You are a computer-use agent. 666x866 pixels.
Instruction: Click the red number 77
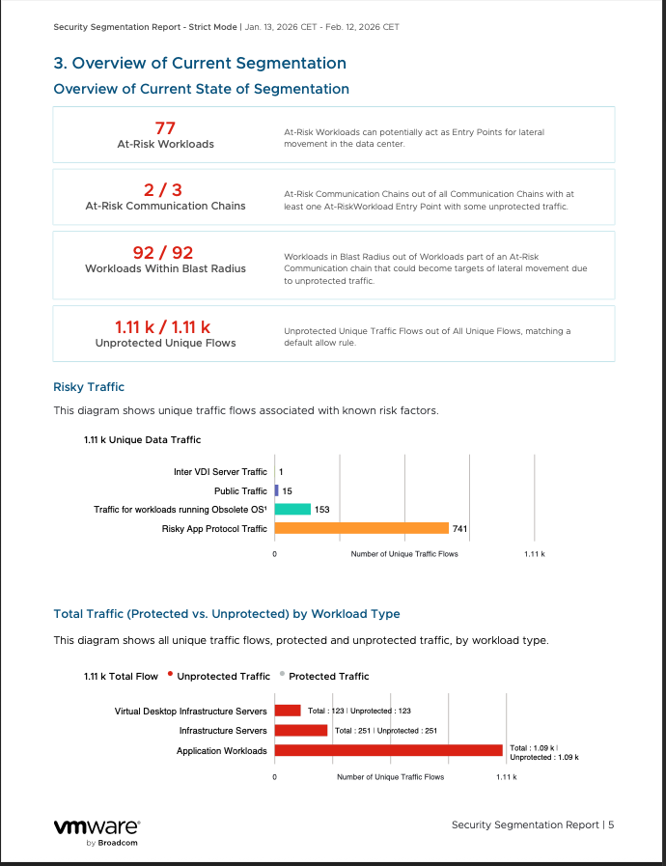164,127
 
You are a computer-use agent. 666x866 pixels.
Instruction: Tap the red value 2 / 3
164,189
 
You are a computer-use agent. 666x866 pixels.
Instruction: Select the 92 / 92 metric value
164,253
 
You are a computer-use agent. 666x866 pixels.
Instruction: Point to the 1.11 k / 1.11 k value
165,326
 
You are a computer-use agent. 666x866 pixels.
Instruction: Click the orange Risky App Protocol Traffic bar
362,528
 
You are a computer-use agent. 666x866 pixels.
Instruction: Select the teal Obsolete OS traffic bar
292,509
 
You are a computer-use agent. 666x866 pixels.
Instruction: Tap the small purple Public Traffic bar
277,490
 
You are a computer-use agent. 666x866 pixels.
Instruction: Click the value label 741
460,528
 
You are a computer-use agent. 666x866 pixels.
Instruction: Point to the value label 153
322,509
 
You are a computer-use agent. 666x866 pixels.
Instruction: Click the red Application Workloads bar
388,750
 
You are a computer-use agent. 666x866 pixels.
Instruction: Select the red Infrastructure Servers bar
301,730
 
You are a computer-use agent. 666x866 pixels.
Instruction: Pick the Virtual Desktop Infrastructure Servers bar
288,711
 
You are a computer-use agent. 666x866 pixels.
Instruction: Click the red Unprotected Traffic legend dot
170,674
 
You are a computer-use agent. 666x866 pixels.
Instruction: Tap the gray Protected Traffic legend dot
281,674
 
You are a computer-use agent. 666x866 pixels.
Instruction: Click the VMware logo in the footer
97,828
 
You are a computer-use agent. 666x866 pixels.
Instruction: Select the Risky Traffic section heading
89,387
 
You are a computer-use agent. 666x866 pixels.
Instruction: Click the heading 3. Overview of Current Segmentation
200,64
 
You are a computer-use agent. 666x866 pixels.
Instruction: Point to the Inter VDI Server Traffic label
220,472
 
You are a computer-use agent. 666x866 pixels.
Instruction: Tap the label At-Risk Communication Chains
165,206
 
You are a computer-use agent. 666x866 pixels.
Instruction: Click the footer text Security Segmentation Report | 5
533,824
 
